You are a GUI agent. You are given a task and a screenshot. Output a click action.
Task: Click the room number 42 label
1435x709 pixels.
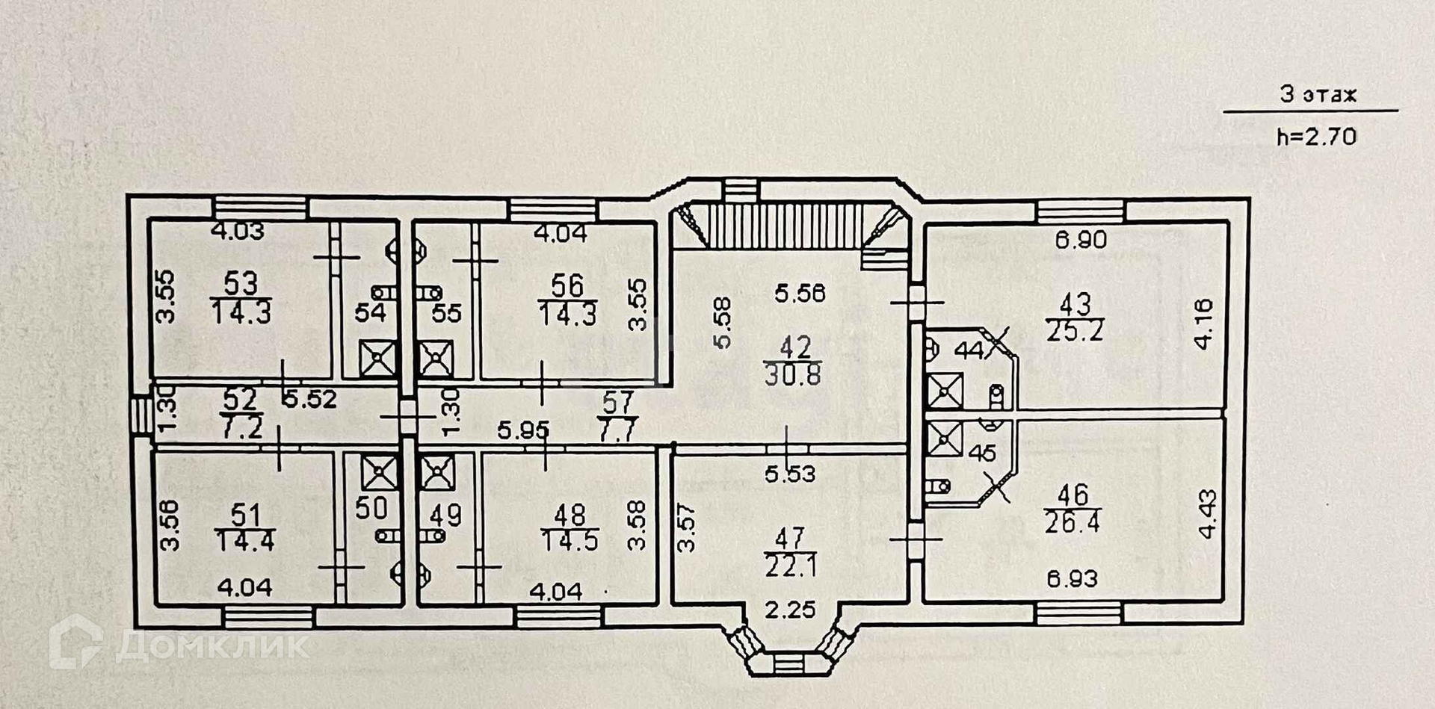point(795,347)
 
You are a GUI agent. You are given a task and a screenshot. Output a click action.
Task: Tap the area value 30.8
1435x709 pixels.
point(792,374)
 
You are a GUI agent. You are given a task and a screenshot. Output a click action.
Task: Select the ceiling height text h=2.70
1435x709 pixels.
point(1316,137)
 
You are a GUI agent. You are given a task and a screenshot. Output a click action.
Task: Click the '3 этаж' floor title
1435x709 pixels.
point(1318,95)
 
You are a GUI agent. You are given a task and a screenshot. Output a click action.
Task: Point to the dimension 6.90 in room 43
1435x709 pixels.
point(1081,240)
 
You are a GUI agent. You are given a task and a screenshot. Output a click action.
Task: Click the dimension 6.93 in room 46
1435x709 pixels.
point(1073,578)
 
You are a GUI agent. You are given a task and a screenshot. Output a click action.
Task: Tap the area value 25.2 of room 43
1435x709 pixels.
point(1075,330)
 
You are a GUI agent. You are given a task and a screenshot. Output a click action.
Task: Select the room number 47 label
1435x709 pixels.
point(790,537)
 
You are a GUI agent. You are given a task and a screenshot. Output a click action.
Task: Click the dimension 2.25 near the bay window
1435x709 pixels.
point(790,610)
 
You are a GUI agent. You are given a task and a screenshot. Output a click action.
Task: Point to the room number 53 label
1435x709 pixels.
point(241,284)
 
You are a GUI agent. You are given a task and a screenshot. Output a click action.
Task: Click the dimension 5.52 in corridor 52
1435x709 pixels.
point(309,399)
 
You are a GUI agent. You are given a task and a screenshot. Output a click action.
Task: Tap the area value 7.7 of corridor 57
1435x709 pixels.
point(617,432)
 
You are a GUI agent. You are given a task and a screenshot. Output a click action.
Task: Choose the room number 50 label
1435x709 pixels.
point(371,508)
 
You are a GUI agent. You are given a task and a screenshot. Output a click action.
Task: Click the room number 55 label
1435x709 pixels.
point(446,313)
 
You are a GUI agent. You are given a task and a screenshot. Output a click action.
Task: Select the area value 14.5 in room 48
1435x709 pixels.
point(570,541)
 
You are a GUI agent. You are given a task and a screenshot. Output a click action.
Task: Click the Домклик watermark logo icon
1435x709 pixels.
point(75,643)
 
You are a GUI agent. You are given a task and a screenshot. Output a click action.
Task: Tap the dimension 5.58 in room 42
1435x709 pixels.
point(722,323)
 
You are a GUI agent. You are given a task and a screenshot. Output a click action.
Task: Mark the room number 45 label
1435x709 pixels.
point(982,453)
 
